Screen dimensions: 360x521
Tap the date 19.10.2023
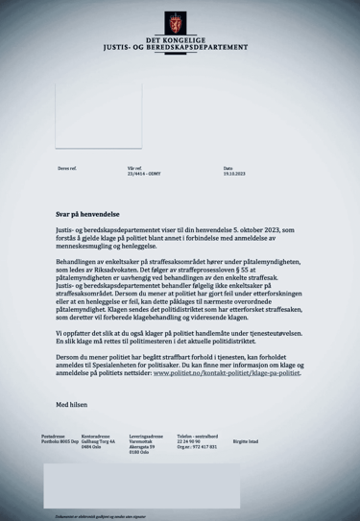point(234,174)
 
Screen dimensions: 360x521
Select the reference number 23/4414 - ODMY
point(119,174)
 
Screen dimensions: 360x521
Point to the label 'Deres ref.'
point(67,168)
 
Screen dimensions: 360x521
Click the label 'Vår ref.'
point(107,168)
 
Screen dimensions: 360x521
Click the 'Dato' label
point(228,168)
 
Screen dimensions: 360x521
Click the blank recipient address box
point(98,115)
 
